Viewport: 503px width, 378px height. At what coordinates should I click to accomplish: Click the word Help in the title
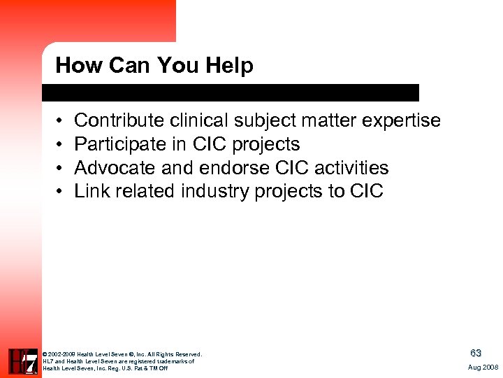tap(229, 66)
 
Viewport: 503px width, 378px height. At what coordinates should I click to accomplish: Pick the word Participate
tap(117, 145)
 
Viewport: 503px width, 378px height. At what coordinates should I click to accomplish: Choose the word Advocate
tap(114, 168)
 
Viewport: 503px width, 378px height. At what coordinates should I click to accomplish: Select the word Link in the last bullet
tap(89, 191)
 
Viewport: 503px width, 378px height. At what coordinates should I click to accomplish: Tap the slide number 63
tap(476, 353)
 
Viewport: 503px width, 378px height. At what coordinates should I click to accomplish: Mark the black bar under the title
tap(231, 92)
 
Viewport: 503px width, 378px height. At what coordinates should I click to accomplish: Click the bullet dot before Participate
tap(61, 146)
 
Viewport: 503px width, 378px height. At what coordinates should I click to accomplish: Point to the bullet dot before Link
tap(61, 192)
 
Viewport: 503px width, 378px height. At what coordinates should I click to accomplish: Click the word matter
tap(328, 121)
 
